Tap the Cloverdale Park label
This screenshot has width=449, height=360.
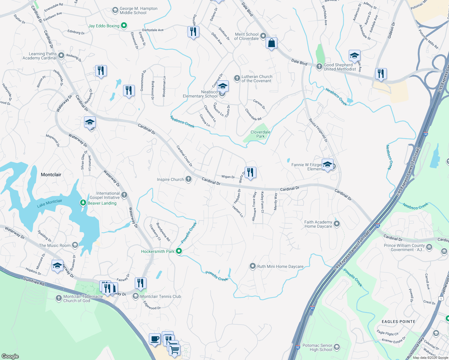tap(261, 134)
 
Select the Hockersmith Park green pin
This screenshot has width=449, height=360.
tap(179, 251)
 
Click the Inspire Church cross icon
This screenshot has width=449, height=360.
tap(188, 179)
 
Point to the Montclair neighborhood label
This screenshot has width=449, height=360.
tap(51, 175)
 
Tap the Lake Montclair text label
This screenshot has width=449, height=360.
tap(50, 203)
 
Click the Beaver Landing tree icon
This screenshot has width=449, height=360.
tap(83, 203)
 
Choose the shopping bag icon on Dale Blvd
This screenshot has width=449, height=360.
tap(271, 43)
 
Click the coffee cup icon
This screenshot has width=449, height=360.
tap(155, 339)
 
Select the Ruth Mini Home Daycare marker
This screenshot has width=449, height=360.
tap(253, 266)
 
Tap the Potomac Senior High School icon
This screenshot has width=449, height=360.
tap(337, 347)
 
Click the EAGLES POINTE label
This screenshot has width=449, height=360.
tap(399, 322)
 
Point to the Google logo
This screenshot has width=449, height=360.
tap(10, 356)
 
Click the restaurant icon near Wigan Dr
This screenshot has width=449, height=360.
tap(250, 172)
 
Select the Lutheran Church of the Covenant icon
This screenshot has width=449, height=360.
tap(237, 79)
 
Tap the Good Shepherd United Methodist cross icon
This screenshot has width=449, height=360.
tap(319, 67)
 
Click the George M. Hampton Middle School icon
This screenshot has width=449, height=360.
tap(115, 10)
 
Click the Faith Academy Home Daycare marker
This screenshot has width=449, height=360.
tap(337, 224)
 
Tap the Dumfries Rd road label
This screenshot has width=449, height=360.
tap(34, 281)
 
